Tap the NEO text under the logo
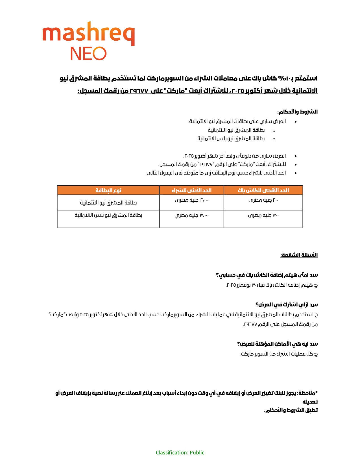(x=88, y=54)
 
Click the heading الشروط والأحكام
(x=297, y=112)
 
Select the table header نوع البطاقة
(x=108, y=190)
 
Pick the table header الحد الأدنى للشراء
(x=191, y=190)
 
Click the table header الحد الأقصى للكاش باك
(x=263, y=190)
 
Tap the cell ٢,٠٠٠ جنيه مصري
(x=191, y=200)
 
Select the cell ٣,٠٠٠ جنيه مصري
(x=191, y=215)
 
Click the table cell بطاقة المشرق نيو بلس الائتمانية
(x=108, y=215)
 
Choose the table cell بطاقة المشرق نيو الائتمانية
(x=108, y=203)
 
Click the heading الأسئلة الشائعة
(x=299, y=255)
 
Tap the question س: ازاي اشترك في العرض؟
(x=287, y=305)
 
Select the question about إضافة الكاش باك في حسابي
(x=267, y=275)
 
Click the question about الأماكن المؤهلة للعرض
(x=277, y=344)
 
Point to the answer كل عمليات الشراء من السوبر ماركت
(x=279, y=354)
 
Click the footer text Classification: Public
(x=180, y=453)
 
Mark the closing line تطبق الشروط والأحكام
(x=291, y=410)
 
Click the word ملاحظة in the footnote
(x=306, y=393)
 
